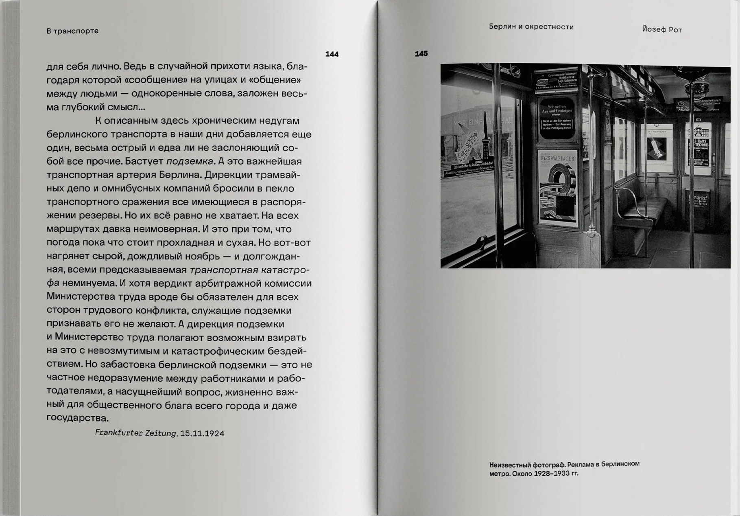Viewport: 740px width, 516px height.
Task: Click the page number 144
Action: coord(332,54)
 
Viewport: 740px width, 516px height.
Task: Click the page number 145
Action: coord(421,54)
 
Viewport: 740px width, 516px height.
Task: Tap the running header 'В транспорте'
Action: coord(72,31)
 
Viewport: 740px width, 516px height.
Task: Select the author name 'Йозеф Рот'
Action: coord(661,29)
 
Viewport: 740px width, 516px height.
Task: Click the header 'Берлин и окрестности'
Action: coord(531,27)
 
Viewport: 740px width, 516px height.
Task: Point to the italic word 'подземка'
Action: coord(190,161)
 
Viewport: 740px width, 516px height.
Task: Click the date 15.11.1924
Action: coord(202,433)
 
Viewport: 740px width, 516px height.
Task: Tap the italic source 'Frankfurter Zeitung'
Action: coord(135,433)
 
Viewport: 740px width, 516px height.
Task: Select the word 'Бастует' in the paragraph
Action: coord(144,161)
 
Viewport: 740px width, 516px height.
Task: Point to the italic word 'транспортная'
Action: coord(224,270)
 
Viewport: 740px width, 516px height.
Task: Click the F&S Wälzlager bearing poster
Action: coord(558,187)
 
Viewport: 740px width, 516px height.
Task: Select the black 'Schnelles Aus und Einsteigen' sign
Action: coord(557,119)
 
